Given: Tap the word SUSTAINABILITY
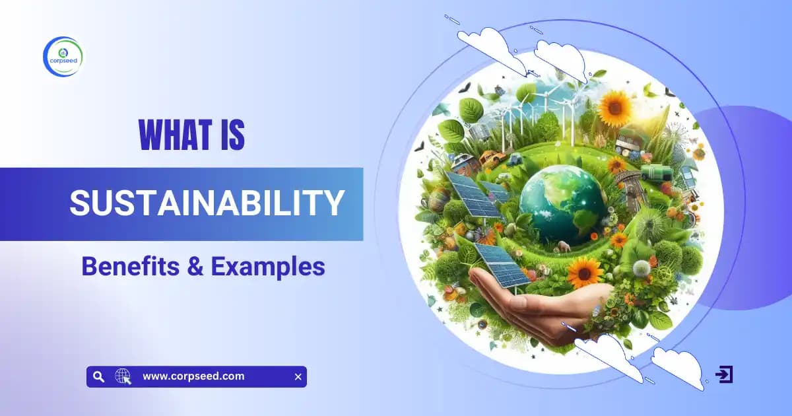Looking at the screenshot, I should coord(207,203).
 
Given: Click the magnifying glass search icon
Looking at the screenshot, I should coord(98,377).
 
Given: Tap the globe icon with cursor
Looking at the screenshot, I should coord(123,377).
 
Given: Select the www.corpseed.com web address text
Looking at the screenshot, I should coord(193,376).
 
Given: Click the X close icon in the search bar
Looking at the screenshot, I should coord(298,377).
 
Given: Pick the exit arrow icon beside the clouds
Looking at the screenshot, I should coord(724,374).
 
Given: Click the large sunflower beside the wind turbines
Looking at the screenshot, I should coord(614,109).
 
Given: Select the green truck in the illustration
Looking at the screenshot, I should coord(656,173).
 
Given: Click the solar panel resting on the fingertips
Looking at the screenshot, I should coord(501,264).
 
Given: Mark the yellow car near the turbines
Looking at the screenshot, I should coord(490,158).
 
